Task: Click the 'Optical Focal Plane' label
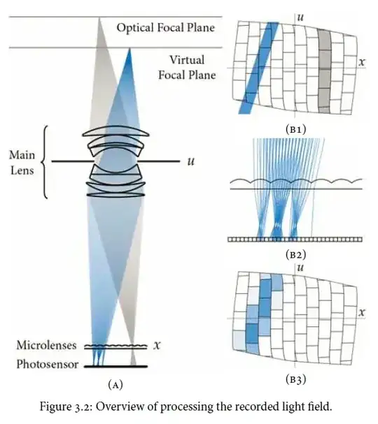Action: coord(166,27)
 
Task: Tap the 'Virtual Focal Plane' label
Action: coord(187,67)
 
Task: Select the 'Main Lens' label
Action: coord(22,163)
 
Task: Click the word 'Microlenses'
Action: coord(46,345)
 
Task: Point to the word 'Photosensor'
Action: coord(48,364)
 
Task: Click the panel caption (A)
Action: coord(115,384)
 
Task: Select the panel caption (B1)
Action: coord(296,129)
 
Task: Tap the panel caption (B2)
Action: coord(296,254)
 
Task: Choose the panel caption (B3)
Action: coord(296,379)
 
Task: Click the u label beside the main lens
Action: coord(191,161)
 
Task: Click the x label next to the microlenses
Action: coord(157,345)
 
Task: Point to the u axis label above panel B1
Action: coord(300,17)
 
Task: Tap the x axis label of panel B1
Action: coord(362,62)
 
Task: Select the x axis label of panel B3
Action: coord(362,313)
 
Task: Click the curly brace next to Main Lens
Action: coord(45,161)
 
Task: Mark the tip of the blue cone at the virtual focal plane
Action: coord(129,48)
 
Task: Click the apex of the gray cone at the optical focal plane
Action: coord(99,17)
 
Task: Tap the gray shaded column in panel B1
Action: coord(324,71)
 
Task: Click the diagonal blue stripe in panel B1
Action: coord(258,68)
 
